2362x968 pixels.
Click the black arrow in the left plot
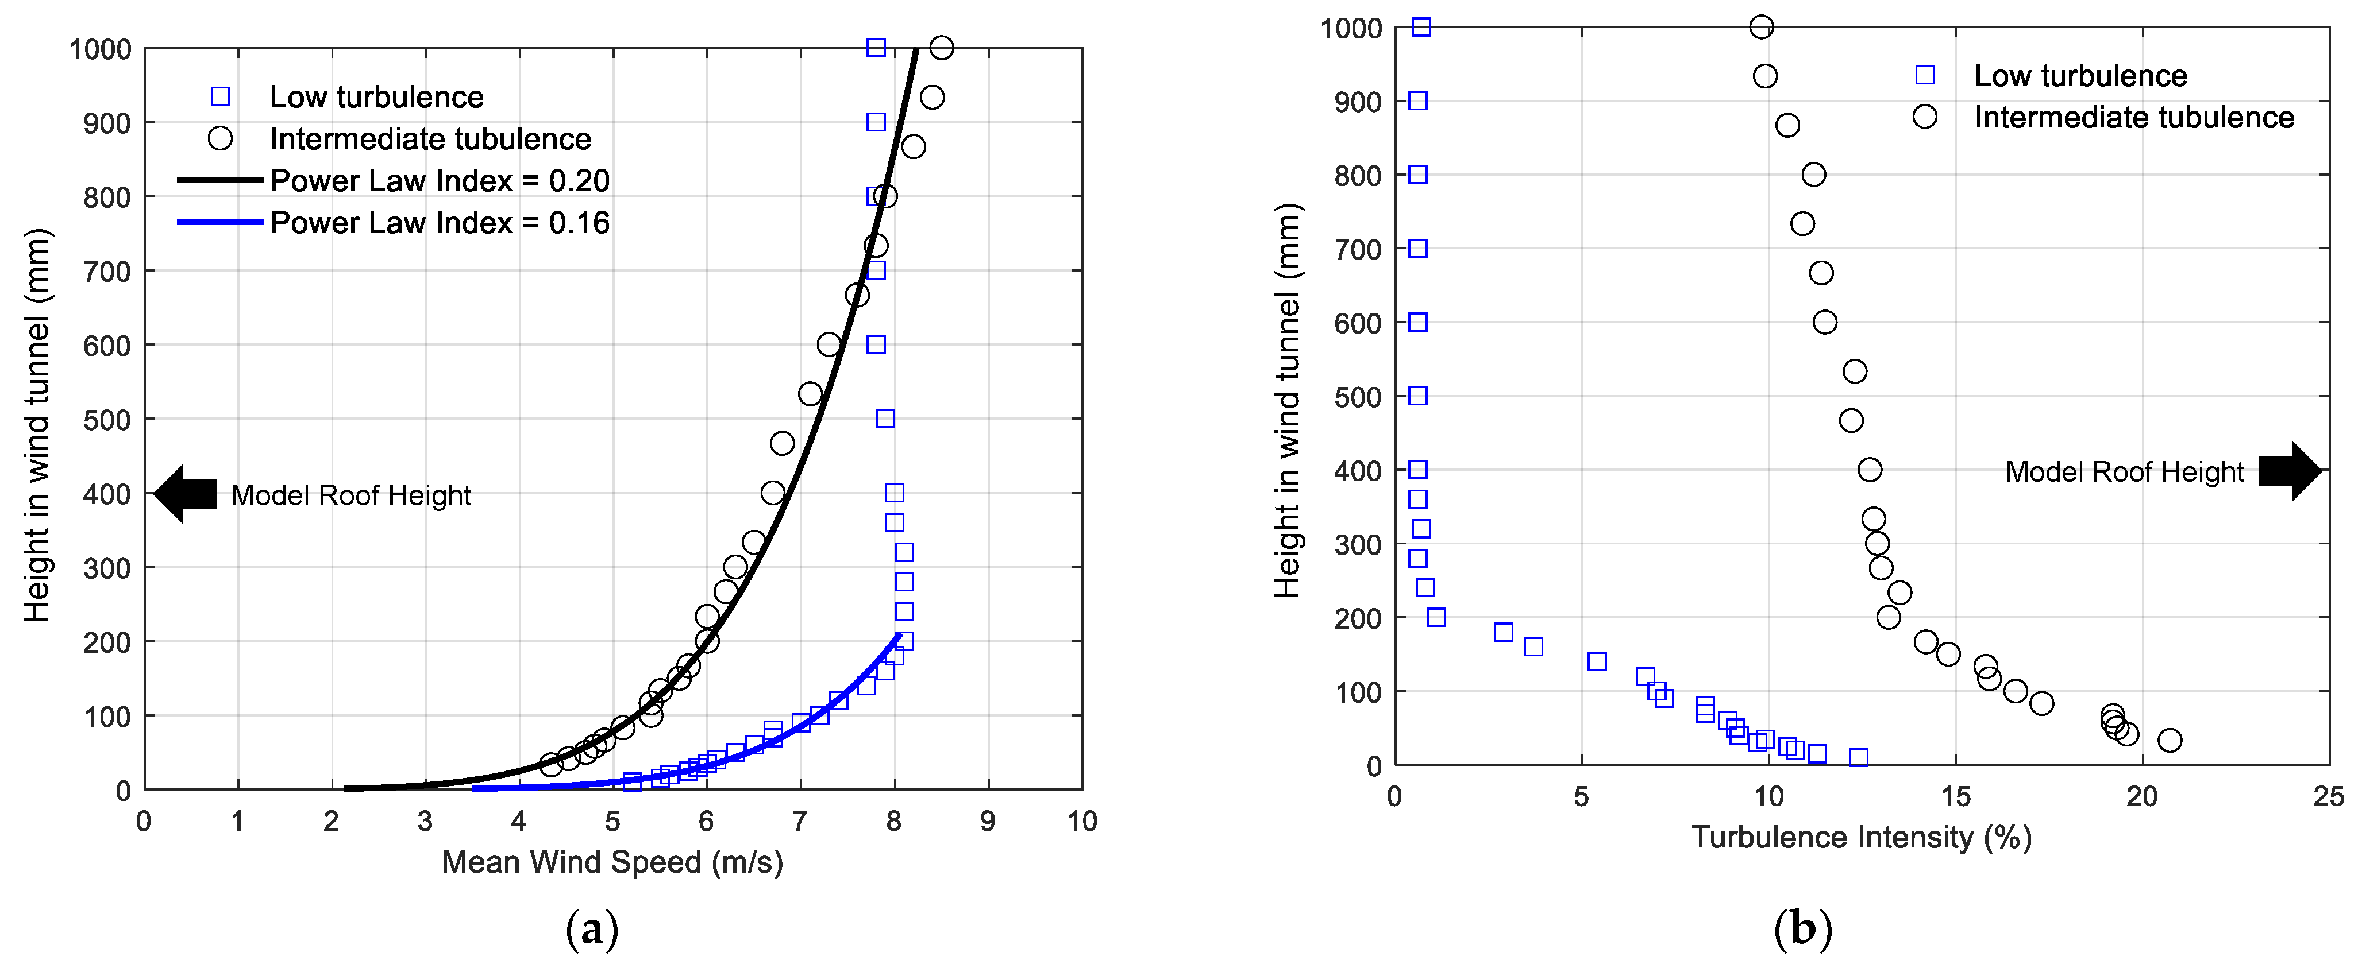[x=186, y=494]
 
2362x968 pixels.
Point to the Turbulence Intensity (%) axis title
[x=1862, y=837]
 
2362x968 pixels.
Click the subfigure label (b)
[x=1803, y=928]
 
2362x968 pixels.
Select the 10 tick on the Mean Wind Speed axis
[x=1082, y=822]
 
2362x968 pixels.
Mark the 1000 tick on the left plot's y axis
[x=101, y=49]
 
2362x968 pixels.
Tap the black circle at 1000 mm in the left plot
[x=942, y=48]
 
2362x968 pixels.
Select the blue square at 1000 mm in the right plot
[x=1421, y=26]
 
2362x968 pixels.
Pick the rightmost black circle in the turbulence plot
[x=2170, y=739]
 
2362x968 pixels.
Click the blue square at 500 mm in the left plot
[x=885, y=419]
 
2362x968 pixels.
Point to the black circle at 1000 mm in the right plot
[x=1762, y=26]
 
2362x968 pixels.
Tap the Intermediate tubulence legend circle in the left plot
[x=220, y=138]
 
